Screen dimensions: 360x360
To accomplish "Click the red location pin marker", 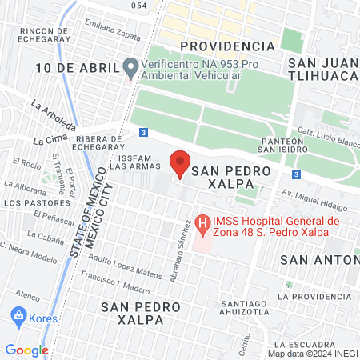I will click(181, 162).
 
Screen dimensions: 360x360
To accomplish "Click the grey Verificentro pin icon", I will click(131, 66).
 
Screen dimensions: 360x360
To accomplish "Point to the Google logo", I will click(26, 350).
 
